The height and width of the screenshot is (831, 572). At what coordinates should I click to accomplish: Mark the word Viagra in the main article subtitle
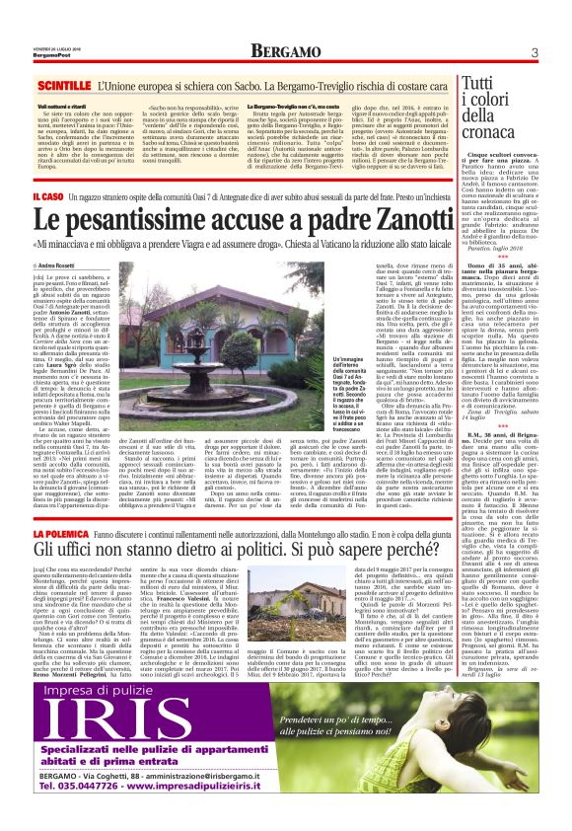click(245, 248)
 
